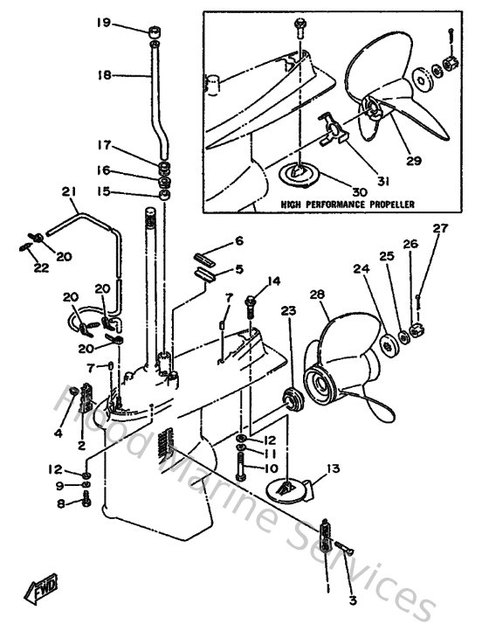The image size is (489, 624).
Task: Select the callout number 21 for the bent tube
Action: pos(68,192)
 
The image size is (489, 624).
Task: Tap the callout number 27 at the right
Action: pos(439,230)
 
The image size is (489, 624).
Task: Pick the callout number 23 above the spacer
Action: pos(288,310)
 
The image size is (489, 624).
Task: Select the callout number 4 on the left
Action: pos(58,433)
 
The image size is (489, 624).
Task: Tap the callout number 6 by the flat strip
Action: pos(238,240)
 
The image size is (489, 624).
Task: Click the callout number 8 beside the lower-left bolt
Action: pos(61,503)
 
